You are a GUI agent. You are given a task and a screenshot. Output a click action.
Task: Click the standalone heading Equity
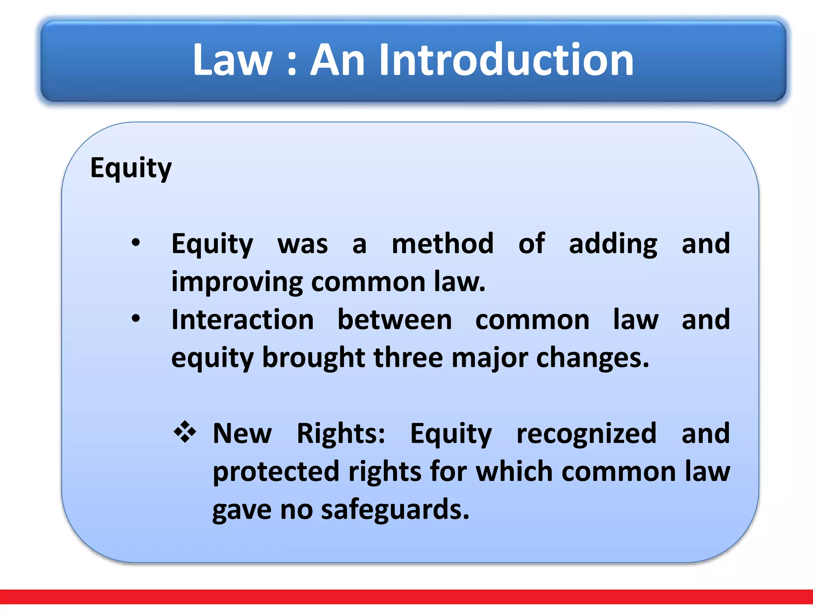coord(131,168)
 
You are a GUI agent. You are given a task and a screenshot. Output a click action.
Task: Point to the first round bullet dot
coord(136,242)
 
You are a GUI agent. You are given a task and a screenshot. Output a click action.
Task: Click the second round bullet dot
coord(136,319)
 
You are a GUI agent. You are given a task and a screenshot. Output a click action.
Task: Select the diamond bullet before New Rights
coord(185,432)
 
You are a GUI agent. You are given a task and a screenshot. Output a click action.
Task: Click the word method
coord(443,243)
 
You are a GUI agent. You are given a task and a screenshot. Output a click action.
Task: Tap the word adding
coord(613,244)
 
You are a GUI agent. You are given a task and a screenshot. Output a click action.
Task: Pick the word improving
coord(237,282)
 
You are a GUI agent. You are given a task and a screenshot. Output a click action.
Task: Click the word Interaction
coord(243,320)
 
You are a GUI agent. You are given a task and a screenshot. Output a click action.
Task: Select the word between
coord(395,320)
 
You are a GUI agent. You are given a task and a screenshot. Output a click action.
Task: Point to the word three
coord(408,357)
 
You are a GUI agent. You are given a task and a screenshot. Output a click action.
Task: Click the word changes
coord(592,358)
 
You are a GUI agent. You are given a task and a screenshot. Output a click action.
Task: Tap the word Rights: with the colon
coord(341,433)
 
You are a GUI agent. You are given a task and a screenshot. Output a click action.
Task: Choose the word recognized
coord(586,434)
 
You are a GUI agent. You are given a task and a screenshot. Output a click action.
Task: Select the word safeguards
coord(395,510)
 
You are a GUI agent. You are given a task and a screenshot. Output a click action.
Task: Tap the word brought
coord(314,357)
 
